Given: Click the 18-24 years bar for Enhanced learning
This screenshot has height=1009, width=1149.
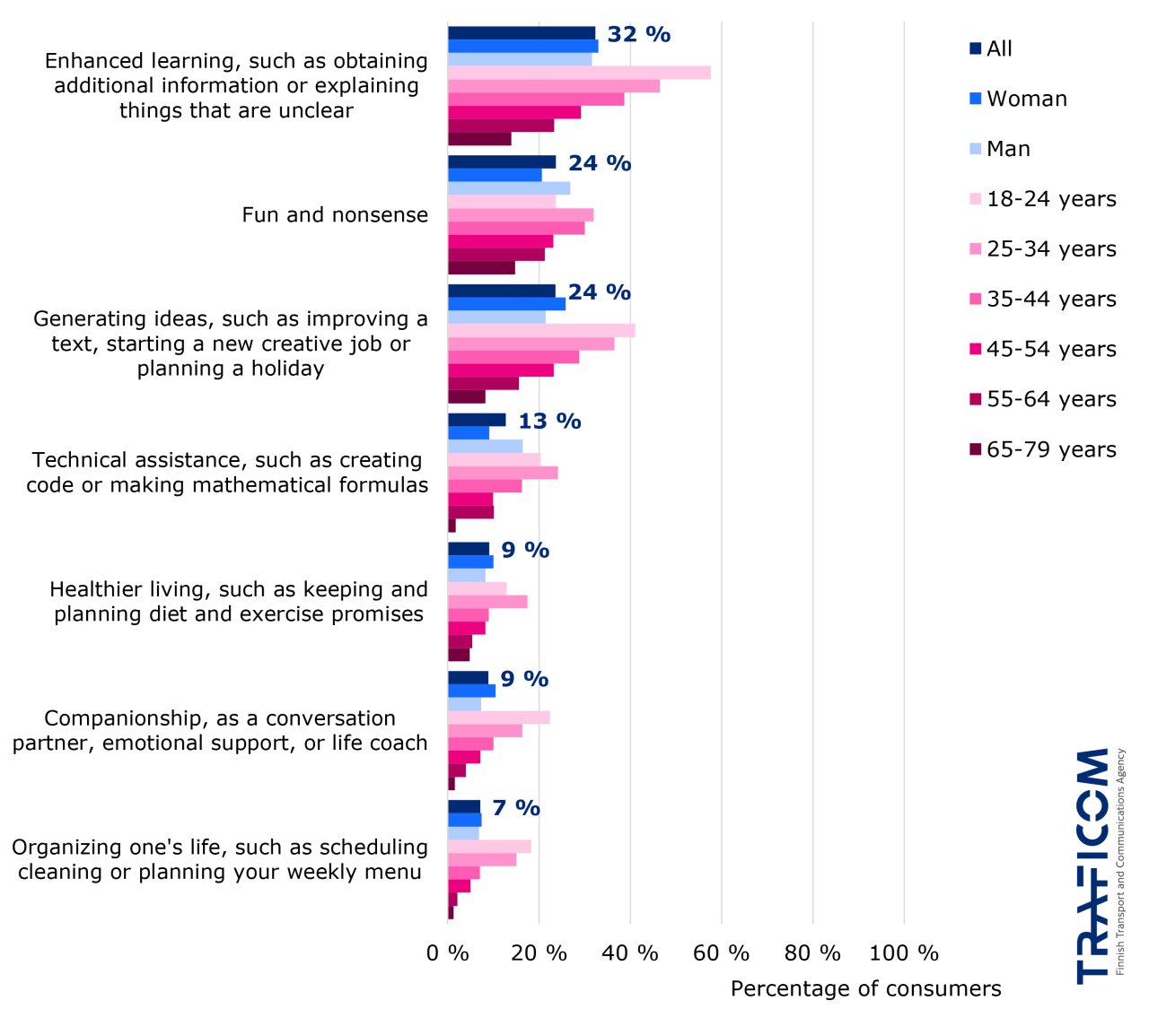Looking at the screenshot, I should (x=579, y=73).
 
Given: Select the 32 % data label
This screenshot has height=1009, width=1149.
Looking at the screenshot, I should (x=638, y=35).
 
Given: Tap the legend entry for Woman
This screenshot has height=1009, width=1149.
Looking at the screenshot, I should (x=1019, y=99).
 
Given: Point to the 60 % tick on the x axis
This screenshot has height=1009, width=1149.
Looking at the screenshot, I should (x=721, y=952).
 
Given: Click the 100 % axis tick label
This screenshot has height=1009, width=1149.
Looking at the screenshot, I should (x=904, y=952).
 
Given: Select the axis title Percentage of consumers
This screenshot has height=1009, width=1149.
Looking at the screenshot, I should (x=865, y=988).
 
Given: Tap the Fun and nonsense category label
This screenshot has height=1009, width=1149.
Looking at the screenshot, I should (x=335, y=215).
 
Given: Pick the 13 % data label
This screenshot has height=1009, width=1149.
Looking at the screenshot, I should (x=549, y=422).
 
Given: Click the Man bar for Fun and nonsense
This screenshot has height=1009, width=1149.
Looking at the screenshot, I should (x=509, y=188).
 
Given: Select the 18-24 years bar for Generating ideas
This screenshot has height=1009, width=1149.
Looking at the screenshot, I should (x=541, y=331).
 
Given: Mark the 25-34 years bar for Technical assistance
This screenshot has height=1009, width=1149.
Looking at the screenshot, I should (x=503, y=473).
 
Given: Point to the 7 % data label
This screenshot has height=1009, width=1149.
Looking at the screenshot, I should (x=516, y=808).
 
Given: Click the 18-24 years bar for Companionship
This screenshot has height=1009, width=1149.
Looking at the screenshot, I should (x=498, y=718).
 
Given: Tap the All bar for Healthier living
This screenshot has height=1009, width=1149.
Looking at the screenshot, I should (x=469, y=549).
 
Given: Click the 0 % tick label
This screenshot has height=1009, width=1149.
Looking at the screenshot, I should (x=447, y=952).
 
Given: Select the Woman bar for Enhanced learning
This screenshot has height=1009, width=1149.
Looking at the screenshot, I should (x=522, y=47).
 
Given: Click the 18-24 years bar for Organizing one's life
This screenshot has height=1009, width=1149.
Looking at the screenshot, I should (x=489, y=847).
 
